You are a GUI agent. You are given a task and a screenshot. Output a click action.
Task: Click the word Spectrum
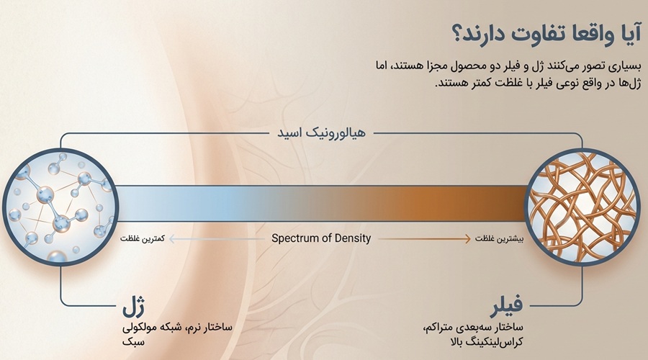pyautogui.click(x=298, y=238)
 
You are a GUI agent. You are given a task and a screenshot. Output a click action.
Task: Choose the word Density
pyautogui.click(x=354, y=238)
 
